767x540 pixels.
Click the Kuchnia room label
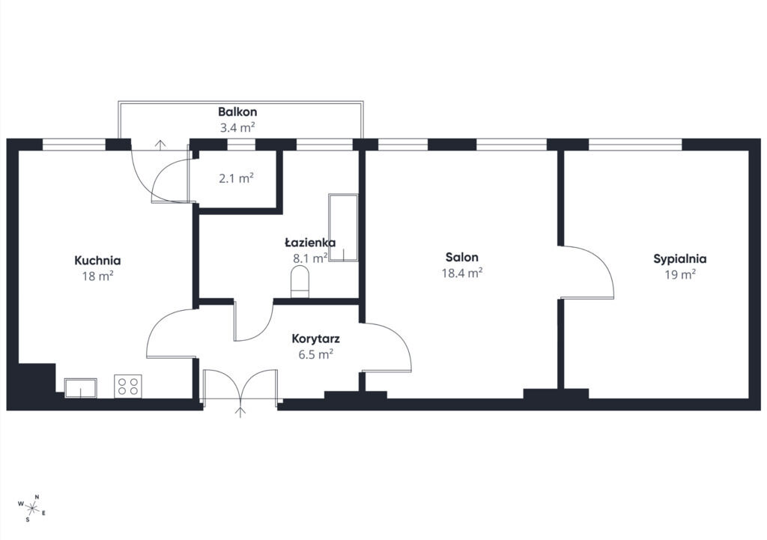point(97,260)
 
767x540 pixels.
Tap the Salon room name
point(461,258)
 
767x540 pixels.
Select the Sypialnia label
point(680,259)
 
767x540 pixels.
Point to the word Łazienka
point(310,243)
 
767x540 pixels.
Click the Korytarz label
point(315,339)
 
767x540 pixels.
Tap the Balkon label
point(237,112)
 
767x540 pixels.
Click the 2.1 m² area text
point(236,178)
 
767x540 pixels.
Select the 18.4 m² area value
point(462,273)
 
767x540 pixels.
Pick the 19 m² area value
point(680,274)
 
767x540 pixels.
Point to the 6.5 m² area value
point(315,354)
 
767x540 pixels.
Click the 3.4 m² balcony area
point(237,128)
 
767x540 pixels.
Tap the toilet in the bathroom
point(300,282)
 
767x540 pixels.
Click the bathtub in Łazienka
point(343,228)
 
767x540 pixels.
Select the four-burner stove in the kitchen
point(128,386)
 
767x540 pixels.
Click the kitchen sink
point(81,388)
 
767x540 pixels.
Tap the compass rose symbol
point(31,509)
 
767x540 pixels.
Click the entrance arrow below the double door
point(240,412)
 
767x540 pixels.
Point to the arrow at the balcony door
point(160,145)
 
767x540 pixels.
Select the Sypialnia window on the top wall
point(635,145)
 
